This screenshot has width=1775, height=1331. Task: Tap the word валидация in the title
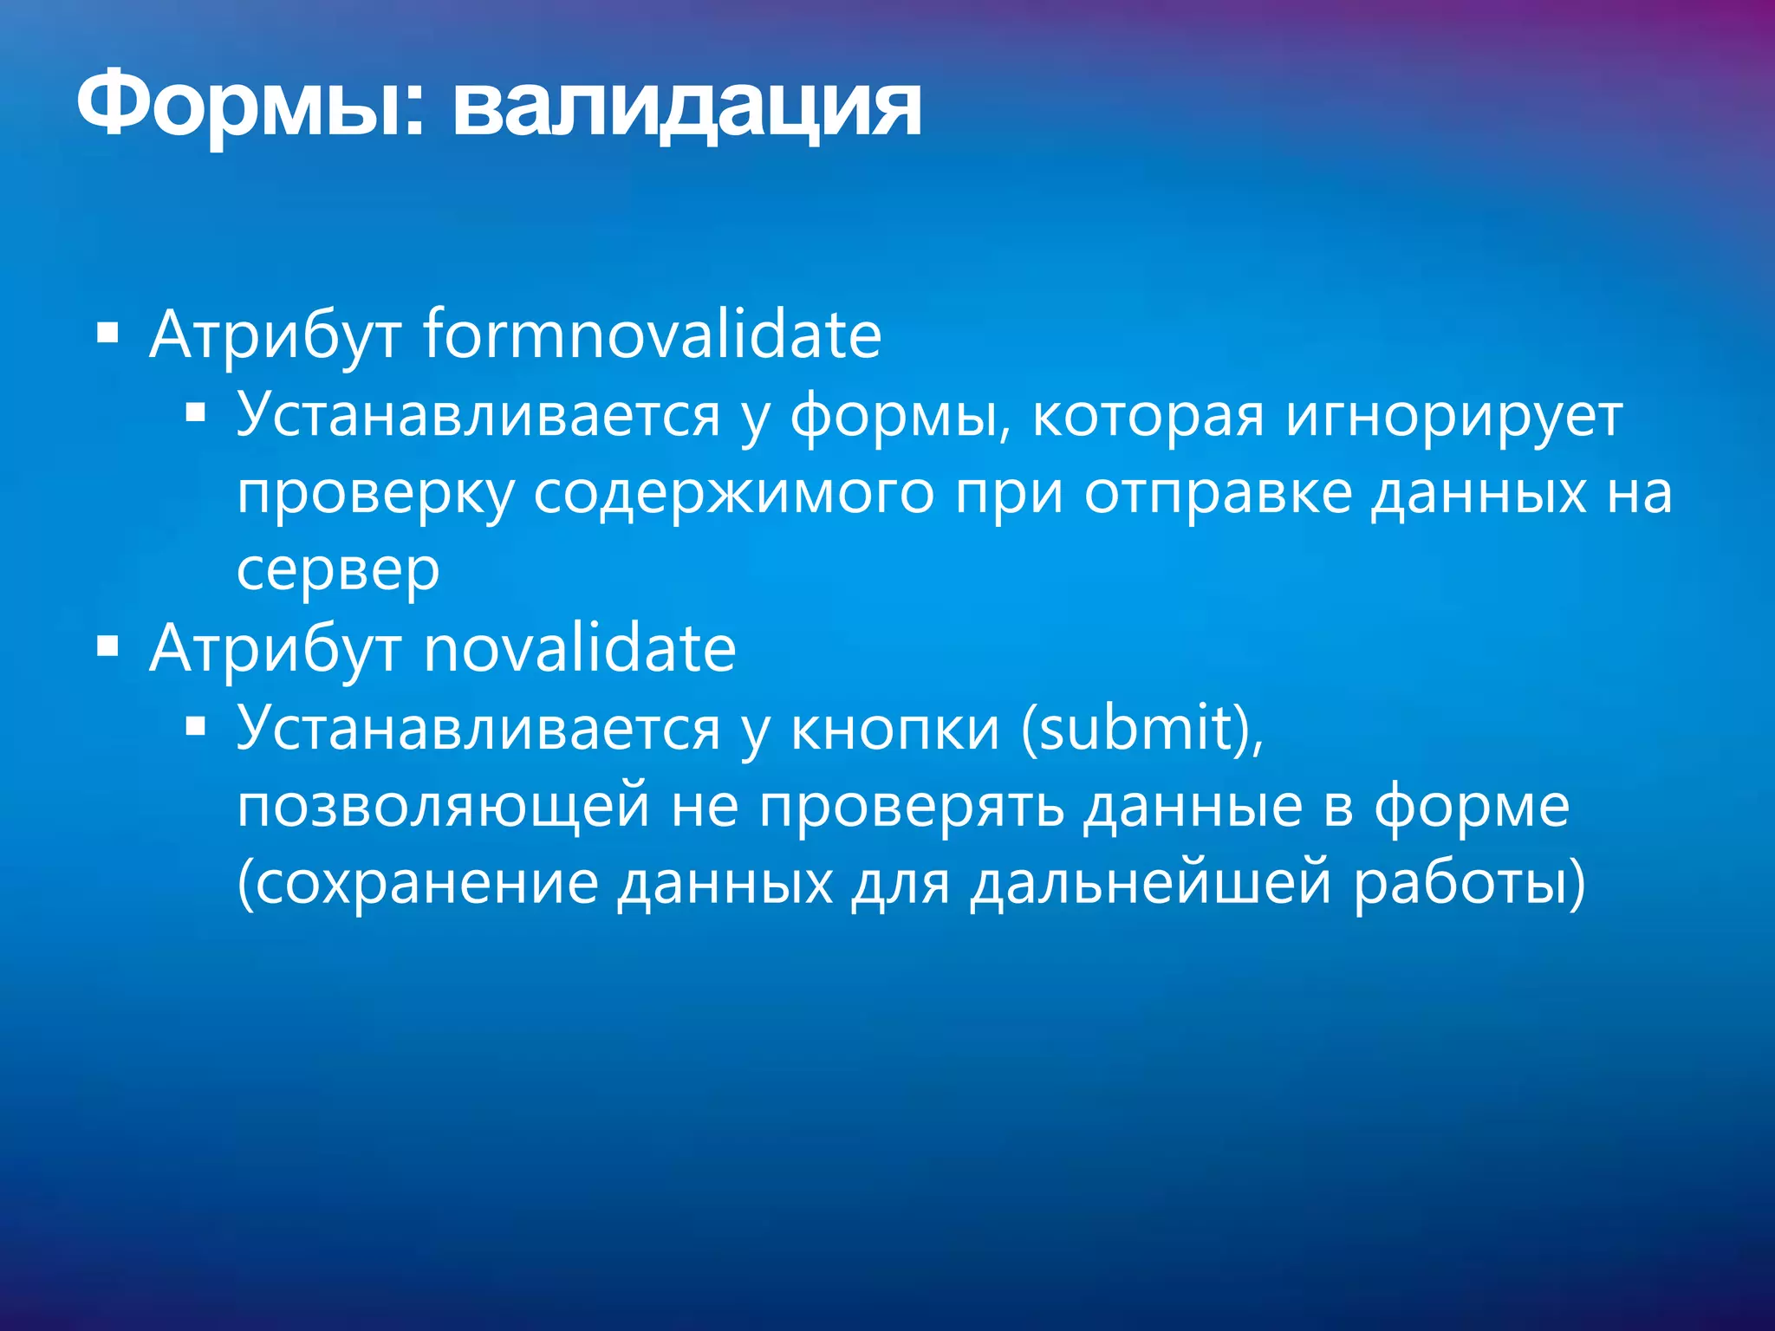(x=686, y=107)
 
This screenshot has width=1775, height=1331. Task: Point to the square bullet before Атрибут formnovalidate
(x=107, y=334)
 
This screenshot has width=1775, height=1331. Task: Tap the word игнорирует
(x=1453, y=416)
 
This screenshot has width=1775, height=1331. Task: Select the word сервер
(x=338, y=570)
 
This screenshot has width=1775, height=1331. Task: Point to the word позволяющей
(x=444, y=806)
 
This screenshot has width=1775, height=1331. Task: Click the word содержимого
(x=733, y=494)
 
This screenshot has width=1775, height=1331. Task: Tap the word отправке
(x=1218, y=494)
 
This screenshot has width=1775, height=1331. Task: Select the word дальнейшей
(x=1150, y=884)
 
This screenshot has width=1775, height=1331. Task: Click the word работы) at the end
(x=1470, y=884)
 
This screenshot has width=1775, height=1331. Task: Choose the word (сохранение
(x=418, y=884)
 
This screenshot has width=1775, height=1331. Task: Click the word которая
(x=1148, y=416)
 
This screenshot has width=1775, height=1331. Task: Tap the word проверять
(x=911, y=806)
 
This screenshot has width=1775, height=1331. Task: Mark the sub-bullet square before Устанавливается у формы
(x=195, y=413)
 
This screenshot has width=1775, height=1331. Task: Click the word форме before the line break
(x=1472, y=806)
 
